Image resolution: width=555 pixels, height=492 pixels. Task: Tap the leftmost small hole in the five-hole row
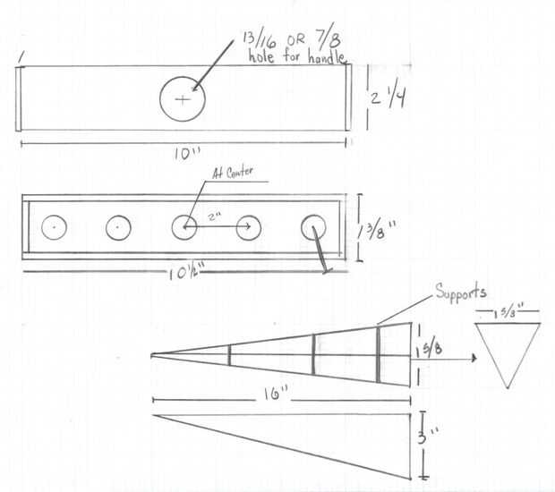[x=55, y=228]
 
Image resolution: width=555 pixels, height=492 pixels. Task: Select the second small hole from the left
[x=119, y=228]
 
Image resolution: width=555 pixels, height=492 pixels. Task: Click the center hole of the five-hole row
[x=184, y=227]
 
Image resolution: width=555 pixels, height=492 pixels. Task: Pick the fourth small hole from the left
[x=248, y=228]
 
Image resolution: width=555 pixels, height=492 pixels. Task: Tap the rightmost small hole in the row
[x=313, y=226]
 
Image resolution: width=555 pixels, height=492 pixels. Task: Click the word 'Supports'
[x=461, y=293]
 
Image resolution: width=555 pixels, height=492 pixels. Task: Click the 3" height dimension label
[x=432, y=440]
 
